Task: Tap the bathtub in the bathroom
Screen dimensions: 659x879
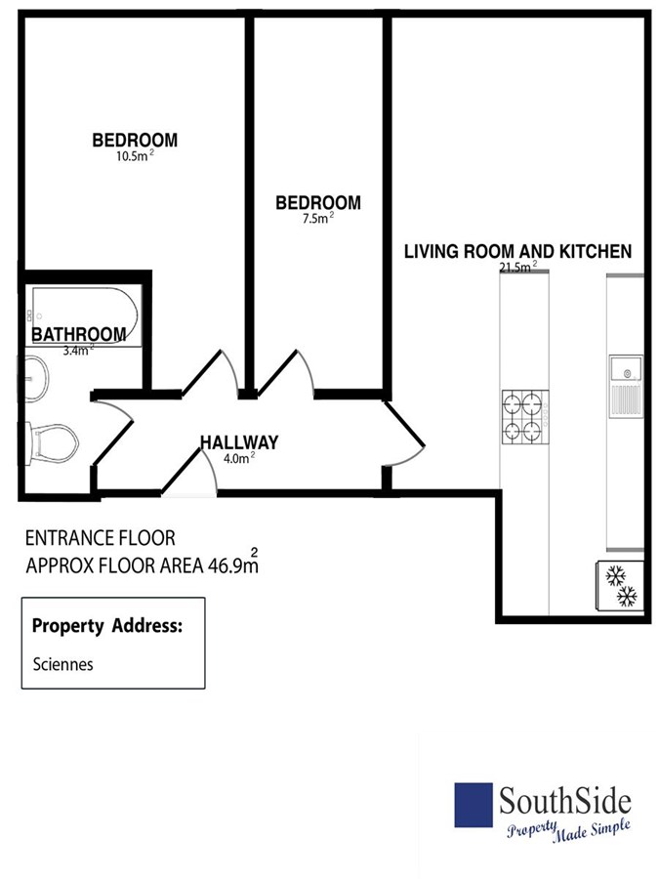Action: [85, 316]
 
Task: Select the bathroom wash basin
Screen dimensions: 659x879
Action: [36, 378]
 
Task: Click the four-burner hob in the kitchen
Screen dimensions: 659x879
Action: [525, 417]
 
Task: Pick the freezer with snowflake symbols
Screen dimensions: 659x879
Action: [620, 586]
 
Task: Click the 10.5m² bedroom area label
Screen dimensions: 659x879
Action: [135, 156]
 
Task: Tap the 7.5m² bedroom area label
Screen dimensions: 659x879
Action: [317, 218]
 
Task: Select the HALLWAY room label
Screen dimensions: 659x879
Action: [239, 442]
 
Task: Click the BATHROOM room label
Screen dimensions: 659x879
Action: [78, 335]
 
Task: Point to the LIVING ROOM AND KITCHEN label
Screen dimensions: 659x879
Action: [517, 251]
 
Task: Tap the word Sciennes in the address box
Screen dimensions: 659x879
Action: [62, 664]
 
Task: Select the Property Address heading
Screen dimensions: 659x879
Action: [107, 626]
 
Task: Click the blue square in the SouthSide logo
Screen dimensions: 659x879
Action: [474, 805]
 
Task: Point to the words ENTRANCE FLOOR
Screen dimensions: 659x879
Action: [101, 538]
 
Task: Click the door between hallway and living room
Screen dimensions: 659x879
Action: [404, 433]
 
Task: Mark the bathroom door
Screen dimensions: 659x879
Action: [113, 429]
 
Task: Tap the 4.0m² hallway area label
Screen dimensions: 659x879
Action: [239, 458]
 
